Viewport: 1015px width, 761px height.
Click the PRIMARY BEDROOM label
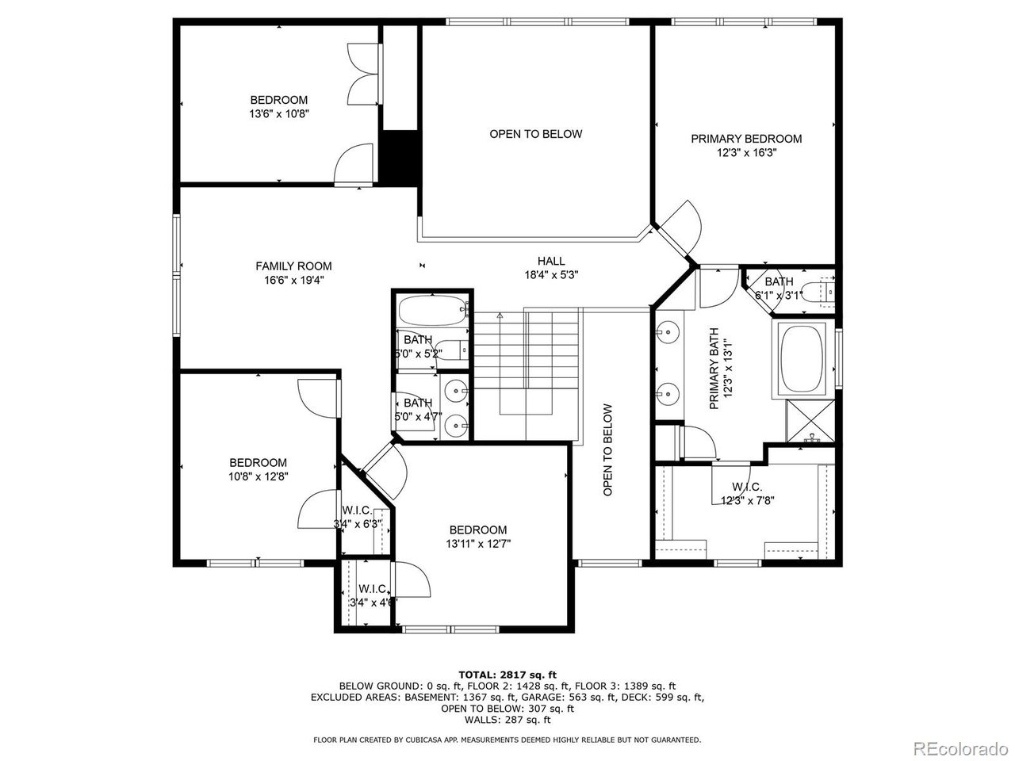coord(745,139)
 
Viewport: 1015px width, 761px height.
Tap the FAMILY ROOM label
coord(293,266)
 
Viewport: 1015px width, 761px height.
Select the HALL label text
coord(551,261)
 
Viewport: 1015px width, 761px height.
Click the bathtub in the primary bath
coord(802,358)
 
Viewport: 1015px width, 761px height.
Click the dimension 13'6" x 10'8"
coord(278,113)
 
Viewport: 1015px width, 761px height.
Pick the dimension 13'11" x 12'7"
coord(477,544)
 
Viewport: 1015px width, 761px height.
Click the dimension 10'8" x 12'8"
coord(259,476)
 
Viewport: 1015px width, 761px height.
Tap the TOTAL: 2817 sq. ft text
coord(507,674)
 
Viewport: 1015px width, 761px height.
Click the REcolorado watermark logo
coord(958,747)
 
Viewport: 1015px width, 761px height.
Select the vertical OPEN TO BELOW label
coord(607,450)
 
